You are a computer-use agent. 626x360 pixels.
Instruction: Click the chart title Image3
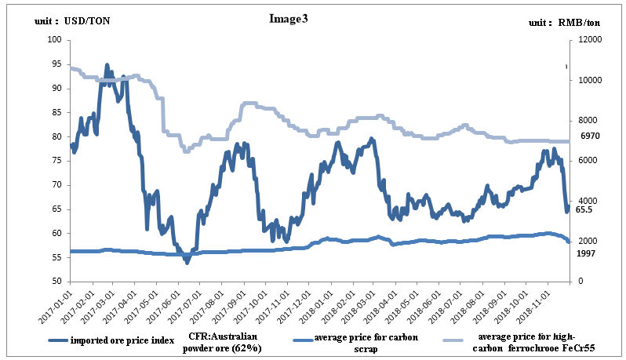288,18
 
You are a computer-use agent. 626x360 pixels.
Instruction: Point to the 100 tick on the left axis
53,40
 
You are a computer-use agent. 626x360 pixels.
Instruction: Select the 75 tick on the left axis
55,161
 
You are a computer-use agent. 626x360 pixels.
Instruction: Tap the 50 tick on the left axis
55,282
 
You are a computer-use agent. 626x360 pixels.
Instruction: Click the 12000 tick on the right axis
584,40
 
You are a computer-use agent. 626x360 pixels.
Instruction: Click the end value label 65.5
583,211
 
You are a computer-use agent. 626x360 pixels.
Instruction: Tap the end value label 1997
587,253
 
